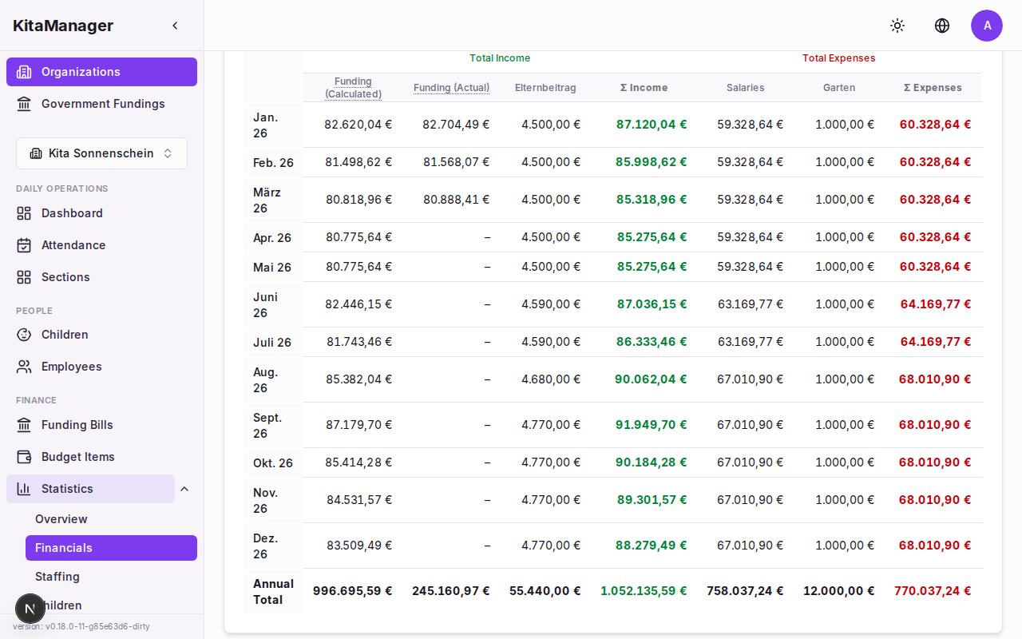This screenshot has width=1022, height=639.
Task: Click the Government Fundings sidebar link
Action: point(102,104)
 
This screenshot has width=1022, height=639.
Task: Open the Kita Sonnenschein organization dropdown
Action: point(101,153)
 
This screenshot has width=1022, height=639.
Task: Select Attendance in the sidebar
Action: point(73,245)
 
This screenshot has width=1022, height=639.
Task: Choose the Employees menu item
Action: point(71,367)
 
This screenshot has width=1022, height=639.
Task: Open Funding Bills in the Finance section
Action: point(77,425)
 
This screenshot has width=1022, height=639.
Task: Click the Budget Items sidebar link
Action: point(77,457)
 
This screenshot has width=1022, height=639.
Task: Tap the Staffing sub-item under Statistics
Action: point(57,577)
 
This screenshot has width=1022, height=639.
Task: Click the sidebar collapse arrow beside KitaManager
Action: point(175,26)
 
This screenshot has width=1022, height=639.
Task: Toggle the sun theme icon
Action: point(897,26)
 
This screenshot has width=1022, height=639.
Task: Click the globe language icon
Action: point(942,26)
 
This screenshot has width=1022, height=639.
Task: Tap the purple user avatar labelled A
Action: point(987,26)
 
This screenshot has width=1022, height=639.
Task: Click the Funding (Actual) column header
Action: point(451,88)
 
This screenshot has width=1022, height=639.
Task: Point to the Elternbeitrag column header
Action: point(545,88)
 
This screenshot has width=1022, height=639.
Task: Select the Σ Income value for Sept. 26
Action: point(651,425)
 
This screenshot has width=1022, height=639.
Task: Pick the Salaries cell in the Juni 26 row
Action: point(750,304)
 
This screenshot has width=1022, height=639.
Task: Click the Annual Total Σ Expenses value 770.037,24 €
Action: point(933,591)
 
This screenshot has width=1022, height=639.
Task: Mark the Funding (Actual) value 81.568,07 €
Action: point(456,162)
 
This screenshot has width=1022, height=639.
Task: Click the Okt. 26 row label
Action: point(273,463)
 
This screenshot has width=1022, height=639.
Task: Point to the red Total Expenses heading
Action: point(838,58)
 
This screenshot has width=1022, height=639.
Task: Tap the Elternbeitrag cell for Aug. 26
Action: point(550,379)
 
